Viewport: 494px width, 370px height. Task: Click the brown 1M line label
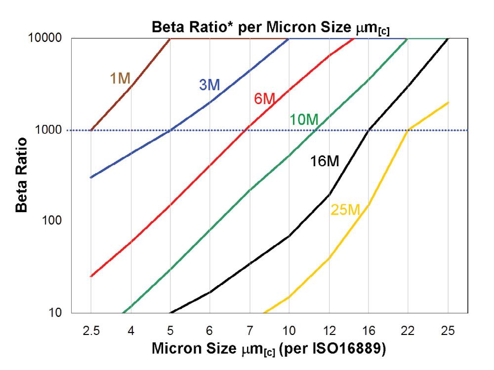(120, 78)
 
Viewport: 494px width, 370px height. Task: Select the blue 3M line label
(209, 85)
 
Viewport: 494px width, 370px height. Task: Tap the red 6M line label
(264, 99)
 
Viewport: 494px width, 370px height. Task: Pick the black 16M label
(325, 161)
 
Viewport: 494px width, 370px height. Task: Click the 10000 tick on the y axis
(47, 38)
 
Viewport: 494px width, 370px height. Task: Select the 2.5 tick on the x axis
(91, 329)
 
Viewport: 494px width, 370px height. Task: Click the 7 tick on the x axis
(249, 329)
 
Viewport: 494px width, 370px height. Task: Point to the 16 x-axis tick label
(369, 329)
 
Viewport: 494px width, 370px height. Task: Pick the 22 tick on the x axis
(408, 329)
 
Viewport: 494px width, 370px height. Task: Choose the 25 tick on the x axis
(448, 329)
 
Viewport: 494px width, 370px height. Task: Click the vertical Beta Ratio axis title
(21, 175)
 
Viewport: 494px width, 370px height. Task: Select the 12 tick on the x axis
(329, 329)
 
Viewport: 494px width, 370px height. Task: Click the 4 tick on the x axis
(130, 329)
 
